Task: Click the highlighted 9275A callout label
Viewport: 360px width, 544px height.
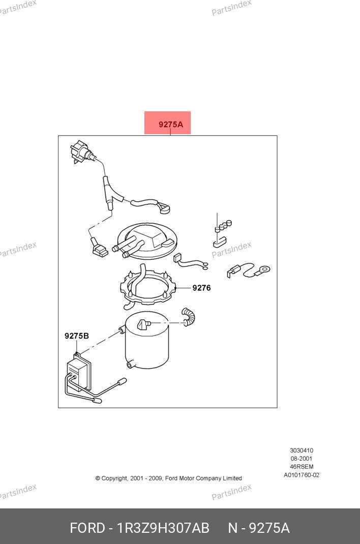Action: point(171,124)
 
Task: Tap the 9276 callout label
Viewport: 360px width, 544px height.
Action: point(201,288)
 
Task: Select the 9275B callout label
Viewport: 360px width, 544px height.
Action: point(77,336)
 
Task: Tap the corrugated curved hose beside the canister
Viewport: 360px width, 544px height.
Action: point(189,316)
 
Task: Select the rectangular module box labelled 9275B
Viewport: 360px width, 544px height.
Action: point(79,373)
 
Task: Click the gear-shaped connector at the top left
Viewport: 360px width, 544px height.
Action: point(80,152)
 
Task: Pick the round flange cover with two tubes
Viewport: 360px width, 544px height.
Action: point(147,241)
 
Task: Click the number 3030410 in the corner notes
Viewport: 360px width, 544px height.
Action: point(302,450)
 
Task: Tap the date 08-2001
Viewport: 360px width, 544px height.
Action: point(302,458)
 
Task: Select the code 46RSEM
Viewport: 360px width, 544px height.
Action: point(302,467)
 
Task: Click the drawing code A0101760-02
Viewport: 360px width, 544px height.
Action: point(302,475)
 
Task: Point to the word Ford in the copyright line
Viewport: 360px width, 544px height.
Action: point(171,478)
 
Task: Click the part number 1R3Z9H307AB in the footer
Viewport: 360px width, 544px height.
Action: point(163,528)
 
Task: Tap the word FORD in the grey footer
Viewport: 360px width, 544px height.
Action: point(87,528)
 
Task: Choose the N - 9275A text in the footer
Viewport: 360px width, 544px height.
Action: point(259,528)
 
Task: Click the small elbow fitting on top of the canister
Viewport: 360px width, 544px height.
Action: point(143,324)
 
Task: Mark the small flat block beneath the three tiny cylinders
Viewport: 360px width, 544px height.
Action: point(220,242)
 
